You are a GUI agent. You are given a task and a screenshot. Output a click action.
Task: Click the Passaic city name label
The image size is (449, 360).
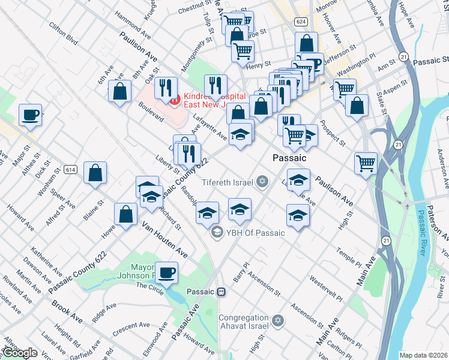(x=289, y=158)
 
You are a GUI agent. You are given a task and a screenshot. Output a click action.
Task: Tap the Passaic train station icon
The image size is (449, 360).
(x=221, y=292)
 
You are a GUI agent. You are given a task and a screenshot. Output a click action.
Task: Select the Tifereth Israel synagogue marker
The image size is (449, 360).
(x=262, y=181)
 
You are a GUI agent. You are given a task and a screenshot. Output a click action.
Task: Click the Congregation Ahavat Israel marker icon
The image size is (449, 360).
(x=277, y=322)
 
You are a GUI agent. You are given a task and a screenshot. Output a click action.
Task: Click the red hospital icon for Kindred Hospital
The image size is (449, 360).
(x=175, y=100)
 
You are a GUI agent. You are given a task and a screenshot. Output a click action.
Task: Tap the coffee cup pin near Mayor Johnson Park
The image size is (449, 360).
(x=166, y=271)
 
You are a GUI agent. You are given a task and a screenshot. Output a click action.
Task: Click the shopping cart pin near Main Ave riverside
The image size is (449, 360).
(x=366, y=162)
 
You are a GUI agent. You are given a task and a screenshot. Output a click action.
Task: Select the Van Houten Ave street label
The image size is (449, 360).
(x=164, y=241)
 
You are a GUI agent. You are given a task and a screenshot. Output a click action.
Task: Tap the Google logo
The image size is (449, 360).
(x=20, y=353)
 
